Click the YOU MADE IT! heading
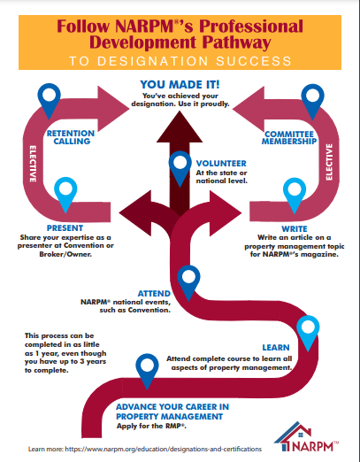click(x=180, y=85)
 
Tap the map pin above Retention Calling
click(x=49, y=100)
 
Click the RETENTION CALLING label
click(x=71, y=137)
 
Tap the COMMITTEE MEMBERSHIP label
click(x=289, y=138)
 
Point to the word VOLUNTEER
click(x=221, y=164)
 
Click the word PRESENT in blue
click(x=65, y=228)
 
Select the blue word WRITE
click(x=295, y=229)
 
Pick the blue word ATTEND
click(x=154, y=294)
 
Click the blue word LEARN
click(x=276, y=348)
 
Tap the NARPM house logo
click(x=307, y=436)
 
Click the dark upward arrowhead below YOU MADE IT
click(x=180, y=127)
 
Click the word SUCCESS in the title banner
click(x=254, y=61)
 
